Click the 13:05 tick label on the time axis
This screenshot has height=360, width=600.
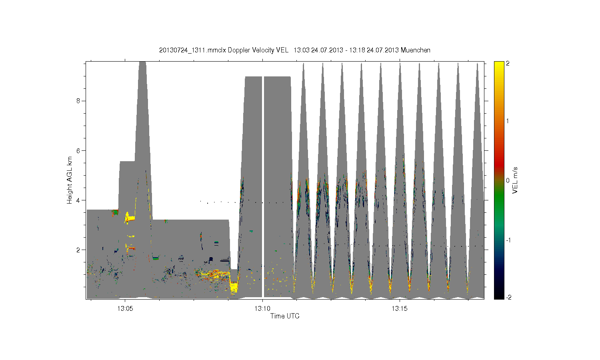(125, 308)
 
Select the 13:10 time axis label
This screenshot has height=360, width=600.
(262, 308)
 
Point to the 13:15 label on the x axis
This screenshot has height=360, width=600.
(400, 308)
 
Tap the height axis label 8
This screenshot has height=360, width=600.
(78, 101)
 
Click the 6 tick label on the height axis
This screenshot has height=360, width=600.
(78, 150)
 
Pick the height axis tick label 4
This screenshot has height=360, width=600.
(78, 200)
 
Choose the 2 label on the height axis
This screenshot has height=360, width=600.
(78, 250)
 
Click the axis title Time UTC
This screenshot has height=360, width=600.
(285, 316)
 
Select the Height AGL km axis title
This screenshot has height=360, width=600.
(69, 180)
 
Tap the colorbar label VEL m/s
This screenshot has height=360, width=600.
(514, 180)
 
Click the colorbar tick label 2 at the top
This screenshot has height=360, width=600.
(508, 64)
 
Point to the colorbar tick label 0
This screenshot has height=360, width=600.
(508, 180)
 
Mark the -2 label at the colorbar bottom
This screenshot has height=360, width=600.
(508, 297)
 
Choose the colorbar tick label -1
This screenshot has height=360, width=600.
(508, 240)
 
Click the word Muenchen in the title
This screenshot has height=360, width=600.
(416, 50)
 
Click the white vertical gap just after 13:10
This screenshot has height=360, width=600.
(263, 187)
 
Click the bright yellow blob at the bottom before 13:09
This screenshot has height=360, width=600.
(234, 288)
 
